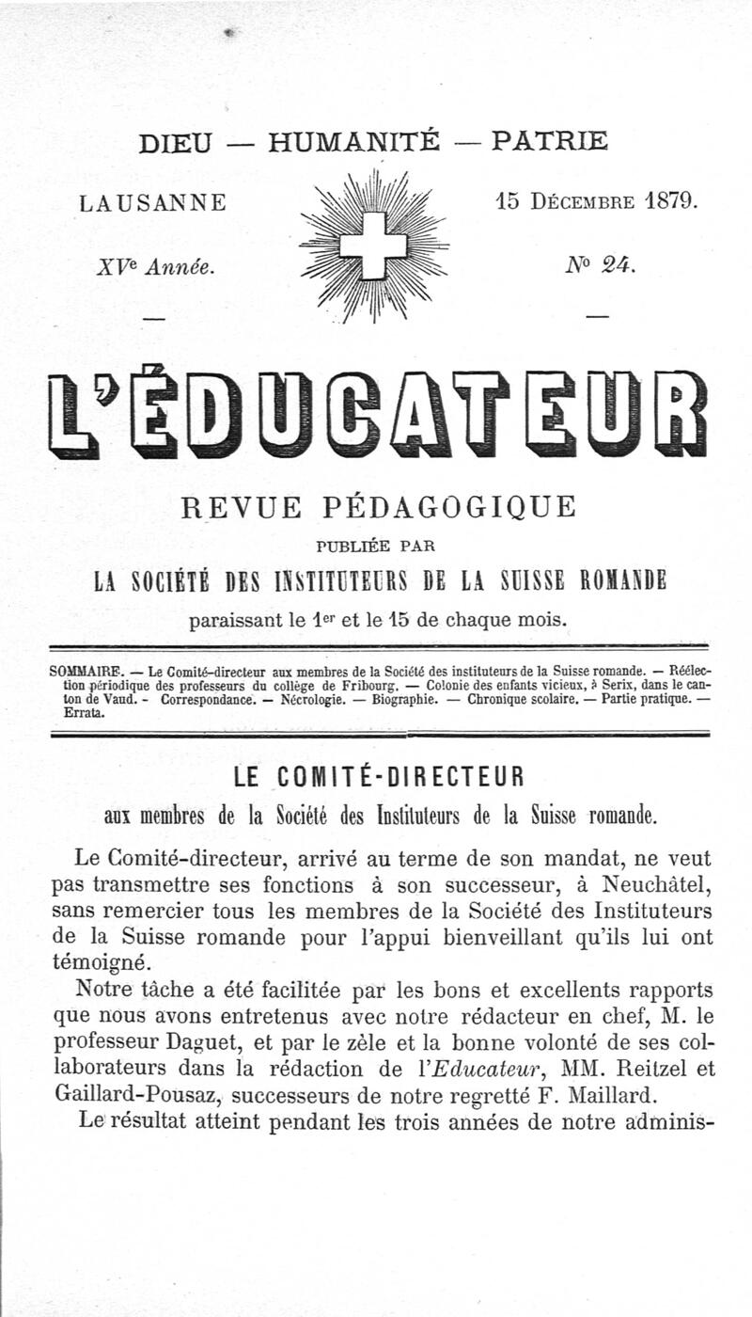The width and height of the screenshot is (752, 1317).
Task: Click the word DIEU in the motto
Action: pyautogui.click(x=176, y=142)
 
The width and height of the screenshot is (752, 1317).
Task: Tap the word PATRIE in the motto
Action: pyautogui.click(x=550, y=141)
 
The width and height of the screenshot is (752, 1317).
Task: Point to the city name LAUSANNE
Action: pyautogui.click(x=153, y=202)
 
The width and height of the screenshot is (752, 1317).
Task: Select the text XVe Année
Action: pyautogui.click(x=154, y=267)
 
